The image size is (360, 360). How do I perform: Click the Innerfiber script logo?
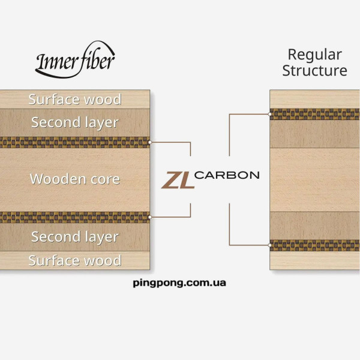point(75,60)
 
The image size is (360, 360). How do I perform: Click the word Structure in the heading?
point(314,70)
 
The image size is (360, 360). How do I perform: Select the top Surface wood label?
point(75,100)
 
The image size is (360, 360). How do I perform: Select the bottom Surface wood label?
point(75,260)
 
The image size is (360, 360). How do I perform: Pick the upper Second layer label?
point(75,123)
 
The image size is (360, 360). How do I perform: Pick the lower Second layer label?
point(75,237)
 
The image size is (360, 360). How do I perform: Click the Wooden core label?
point(75,179)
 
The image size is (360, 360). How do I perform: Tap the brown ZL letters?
point(178,180)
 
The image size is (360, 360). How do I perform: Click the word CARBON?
point(227,175)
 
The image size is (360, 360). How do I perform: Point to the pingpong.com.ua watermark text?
point(179,283)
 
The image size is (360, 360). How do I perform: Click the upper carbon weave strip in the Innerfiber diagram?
point(75,142)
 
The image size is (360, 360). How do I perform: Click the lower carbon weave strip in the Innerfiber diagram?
point(75,217)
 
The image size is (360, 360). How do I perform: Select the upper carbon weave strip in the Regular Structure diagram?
point(315,114)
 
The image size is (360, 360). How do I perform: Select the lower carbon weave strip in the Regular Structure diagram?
point(315,245)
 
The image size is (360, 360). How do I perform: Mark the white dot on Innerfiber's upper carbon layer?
point(150,142)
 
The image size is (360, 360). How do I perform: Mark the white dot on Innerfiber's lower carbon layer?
point(150,217)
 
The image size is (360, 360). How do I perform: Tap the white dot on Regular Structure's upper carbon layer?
point(270,114)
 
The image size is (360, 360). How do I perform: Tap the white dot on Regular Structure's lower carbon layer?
point(270,245)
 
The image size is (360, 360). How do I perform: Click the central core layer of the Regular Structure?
point(315,180)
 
